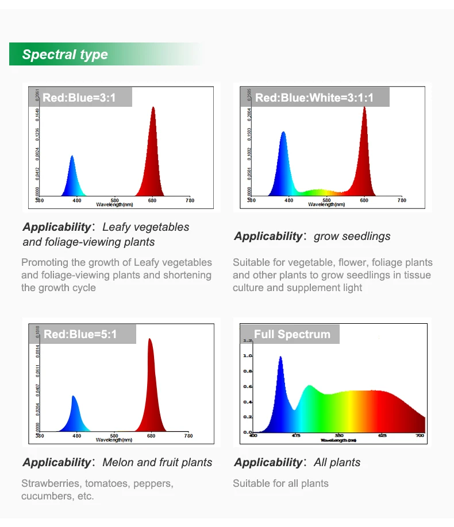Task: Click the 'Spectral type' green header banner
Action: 65,55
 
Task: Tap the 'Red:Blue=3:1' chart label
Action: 79,98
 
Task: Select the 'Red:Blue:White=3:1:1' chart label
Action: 314,98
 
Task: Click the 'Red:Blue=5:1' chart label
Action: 80,334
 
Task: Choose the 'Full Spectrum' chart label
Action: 292,334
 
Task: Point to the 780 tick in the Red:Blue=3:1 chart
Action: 190,200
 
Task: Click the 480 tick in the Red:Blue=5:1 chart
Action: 77,436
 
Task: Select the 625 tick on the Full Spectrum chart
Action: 382,436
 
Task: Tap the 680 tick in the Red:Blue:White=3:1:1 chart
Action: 364,200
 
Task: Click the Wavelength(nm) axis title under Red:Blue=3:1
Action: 114,204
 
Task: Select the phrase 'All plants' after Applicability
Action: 337,462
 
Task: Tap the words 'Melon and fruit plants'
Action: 157,462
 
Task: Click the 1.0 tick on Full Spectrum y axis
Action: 248,356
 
